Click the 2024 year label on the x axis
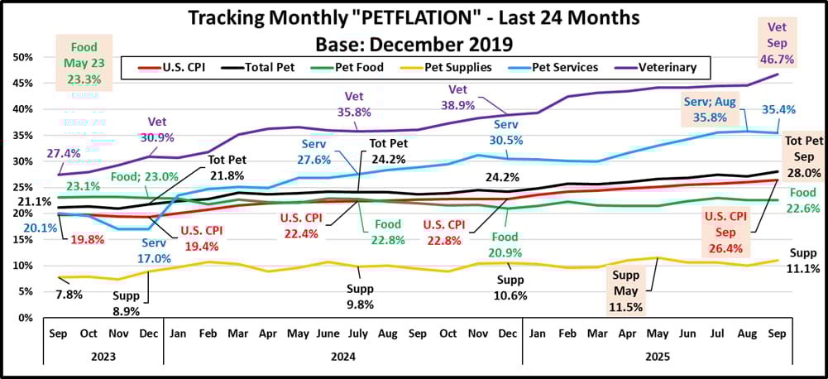click(342, 356)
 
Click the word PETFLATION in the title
click(403, 17)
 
